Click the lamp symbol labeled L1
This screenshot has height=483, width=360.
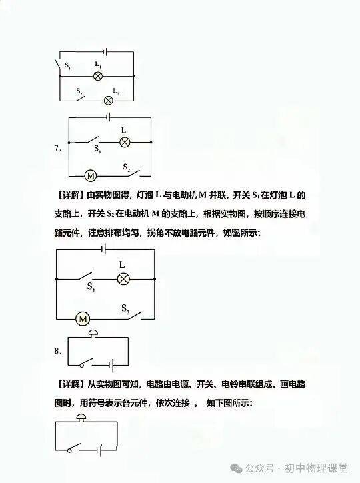[98, 76]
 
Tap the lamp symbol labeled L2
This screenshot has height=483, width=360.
[108, 101]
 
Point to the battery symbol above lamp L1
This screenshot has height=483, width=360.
[105, 52]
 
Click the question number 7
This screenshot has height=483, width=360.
[58, 148]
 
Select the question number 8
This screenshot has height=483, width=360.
[58, 351]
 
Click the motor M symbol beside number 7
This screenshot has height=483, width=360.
[91, 176]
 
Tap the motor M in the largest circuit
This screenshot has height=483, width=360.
[83, 319]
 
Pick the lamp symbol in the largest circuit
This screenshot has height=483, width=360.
[124, 279]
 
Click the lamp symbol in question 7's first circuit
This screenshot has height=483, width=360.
[125, 142]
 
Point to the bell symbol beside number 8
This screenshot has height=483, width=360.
[93, 333]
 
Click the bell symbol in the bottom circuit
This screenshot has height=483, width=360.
[81, 417]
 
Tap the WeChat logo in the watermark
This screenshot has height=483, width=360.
[236, 468]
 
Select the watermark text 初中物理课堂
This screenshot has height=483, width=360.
[316, 468]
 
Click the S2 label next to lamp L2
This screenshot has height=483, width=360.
[79, 91]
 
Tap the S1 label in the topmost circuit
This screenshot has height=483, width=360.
[68, 66]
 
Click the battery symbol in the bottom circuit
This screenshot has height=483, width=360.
[100, 451]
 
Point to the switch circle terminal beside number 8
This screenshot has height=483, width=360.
[82, 366]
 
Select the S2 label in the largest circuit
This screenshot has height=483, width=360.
[125, 308]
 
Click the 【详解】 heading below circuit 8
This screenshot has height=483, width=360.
[70, 384]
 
